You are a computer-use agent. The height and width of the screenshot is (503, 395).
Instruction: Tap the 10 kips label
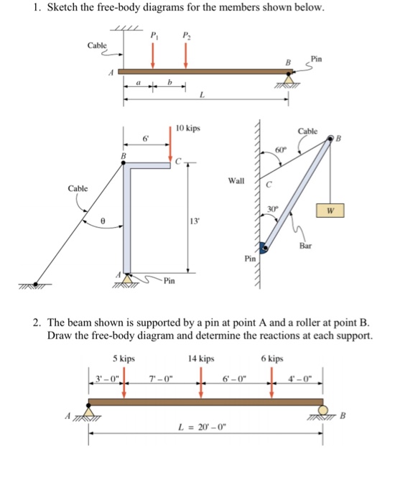187,129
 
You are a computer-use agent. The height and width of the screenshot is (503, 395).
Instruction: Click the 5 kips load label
124,358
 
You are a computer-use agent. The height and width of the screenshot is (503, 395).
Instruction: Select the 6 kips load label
272,358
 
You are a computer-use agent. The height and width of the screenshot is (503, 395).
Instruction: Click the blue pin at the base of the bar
264,249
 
